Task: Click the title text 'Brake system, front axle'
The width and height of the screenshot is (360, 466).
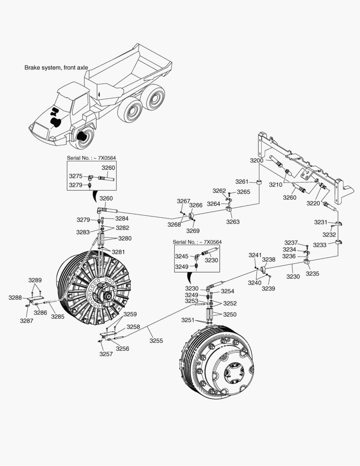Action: [56, 68]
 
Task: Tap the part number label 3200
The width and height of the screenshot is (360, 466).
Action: [257, 161]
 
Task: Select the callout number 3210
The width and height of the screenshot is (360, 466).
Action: [276, 184]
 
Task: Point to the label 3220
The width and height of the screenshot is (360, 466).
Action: [313, 203]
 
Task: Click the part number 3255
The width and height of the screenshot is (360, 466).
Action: [157, 340]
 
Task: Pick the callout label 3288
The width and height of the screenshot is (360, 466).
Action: [15, 298]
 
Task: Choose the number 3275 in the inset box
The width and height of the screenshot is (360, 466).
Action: [76, 176]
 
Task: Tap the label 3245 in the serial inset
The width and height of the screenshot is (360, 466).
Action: [182, 256]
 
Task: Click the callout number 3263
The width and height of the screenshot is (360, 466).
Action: [233, 222]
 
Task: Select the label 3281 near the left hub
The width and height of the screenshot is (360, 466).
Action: [119, 252]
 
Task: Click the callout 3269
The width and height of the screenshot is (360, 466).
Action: [193, 230]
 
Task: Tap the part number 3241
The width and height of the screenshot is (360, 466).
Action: [255, 255]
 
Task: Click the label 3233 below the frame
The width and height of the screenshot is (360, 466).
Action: [320, 245]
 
